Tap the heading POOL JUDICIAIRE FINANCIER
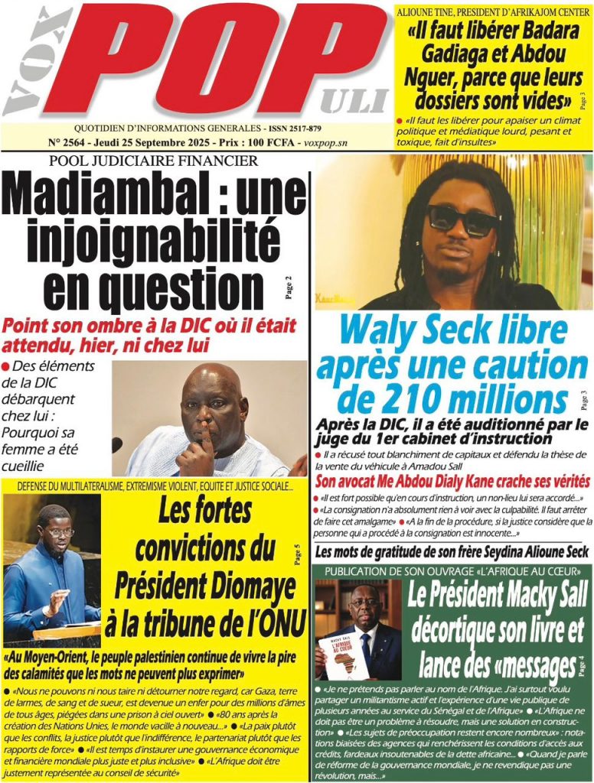153,161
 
